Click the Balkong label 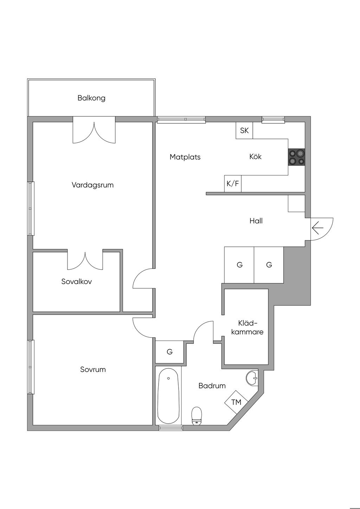(91, 98)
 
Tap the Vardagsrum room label (92, 185)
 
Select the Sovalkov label (77, 282)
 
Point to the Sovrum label (93, 369)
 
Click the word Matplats (185, 157)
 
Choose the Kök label (256, 157)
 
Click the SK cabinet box (244, 131)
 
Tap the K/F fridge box (233, 183)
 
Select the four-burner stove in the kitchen (296, 157)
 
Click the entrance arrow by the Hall (317, 228)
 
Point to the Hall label (256, 221)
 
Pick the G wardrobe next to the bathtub (169, 352)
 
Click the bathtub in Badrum (169, 396)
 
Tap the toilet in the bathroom (197, 415)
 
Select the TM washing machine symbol (236, 402)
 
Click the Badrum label (212, 386)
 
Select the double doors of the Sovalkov (85, 261)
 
